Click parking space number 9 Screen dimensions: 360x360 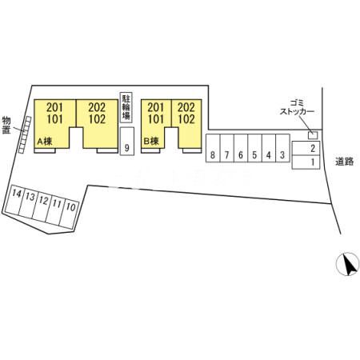pos(127,141)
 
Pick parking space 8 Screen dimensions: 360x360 pos(213,148)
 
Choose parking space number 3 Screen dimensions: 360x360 pos(282,148)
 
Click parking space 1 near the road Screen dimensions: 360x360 pos(306,162)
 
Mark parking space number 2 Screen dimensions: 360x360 pos(306,148)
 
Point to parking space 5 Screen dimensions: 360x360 pos(254,148)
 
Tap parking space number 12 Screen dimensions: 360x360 pos(42,207)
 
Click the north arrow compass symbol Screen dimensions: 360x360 pos(347,263)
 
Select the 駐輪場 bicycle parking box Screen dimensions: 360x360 pos(126,107)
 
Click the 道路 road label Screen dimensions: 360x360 pos(345,162)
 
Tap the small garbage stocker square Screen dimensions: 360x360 pos(313,135)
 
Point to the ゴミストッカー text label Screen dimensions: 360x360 pos(297,107)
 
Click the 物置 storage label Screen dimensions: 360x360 pos(6,126)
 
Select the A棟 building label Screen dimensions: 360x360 pos(45,142)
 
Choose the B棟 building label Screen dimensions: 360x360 pos(151,141)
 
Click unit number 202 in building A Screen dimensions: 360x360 pos(97,107)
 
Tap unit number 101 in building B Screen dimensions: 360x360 pos(156,119)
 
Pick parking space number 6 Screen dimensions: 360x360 pos(241,148)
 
